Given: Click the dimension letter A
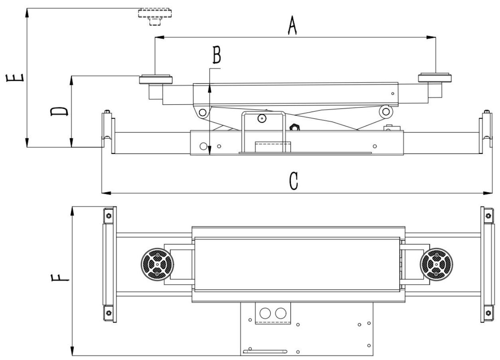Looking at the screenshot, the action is click(x=292, y=25).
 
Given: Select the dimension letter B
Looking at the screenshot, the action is click(x=217, y=55).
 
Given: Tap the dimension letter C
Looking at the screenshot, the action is click(x=294, y=181).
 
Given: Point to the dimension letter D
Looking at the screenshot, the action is click(x=59, y=111).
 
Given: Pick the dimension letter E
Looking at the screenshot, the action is click(x=15, y=78).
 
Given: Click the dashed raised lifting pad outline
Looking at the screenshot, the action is click(x=155, y=17).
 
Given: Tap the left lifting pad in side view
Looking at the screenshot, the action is click(x=156, y=79).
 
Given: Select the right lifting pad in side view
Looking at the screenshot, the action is click(x=435, y=78).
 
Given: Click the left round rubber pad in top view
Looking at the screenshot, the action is click(x=157, y=265).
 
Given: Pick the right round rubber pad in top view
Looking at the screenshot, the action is click(x=437, y=265).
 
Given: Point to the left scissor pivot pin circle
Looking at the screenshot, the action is click(x=202, y=112).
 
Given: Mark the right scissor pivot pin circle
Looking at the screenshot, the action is click(x=386, y=111).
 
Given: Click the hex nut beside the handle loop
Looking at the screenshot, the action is click(x=294, y=128).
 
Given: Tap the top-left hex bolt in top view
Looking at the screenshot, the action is click(x=109, y=216).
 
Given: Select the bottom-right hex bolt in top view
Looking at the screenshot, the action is click(x=488, y=313).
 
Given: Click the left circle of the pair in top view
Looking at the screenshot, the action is click(x=265, y=313).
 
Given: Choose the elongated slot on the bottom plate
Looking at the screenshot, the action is click(x=265, y=352).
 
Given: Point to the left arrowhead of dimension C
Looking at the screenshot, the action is click(x=106, y=193).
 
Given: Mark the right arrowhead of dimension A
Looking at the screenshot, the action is click(x=431, y=37).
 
